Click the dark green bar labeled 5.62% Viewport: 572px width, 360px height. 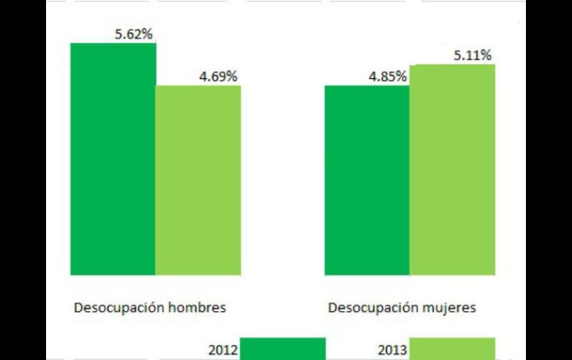113,159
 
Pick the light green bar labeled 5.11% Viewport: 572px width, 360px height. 452,170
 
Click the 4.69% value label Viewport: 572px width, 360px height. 217,76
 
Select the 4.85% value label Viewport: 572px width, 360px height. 386,76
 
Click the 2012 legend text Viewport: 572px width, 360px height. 223,350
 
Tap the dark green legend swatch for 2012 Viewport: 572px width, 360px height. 283,349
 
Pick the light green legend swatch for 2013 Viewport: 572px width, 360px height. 452,349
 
